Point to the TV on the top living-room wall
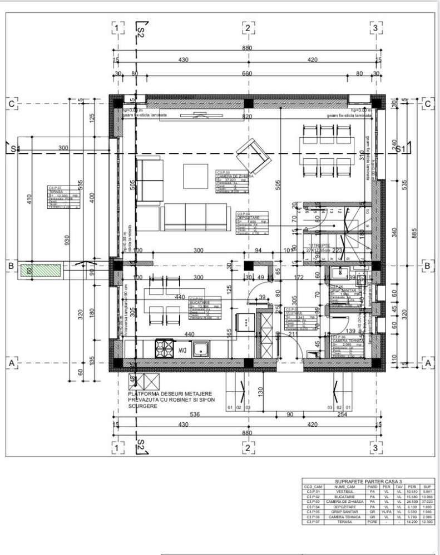point(199,116)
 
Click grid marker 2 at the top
point(247,28)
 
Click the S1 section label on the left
point(16,148)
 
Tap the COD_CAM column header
point(314,486)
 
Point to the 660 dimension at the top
point(246,73)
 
